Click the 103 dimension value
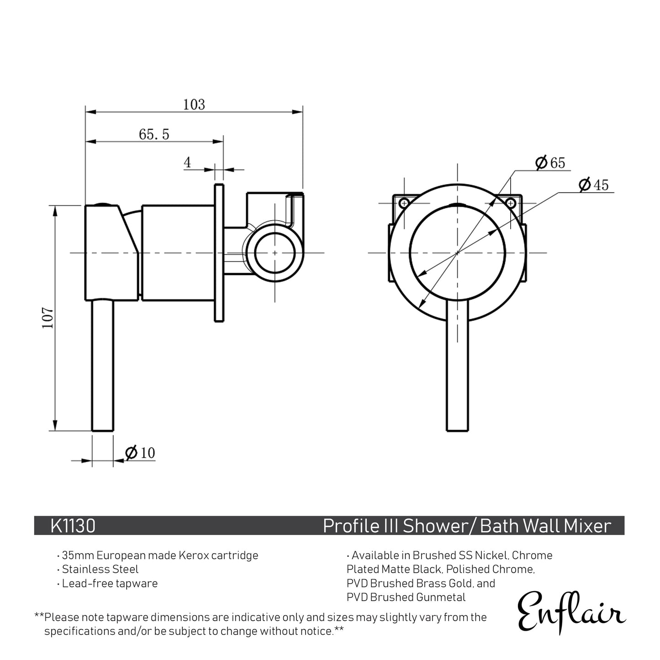click(x=194, y=105)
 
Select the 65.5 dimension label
click(x=154, y=134)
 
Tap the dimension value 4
click(x=187, y=163)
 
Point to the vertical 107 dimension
click(x=48, y=318)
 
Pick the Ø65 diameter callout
click(x=550, y=163)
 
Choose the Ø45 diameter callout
click(x=594, y=185)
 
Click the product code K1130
click(x=73, y=526)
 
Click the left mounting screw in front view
click(x=404, y=203)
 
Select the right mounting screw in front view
click(x=511, y=203)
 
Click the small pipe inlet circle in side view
click(x=275, y=253)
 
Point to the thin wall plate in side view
click(x=219, y=253)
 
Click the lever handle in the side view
click(x=102, y=365)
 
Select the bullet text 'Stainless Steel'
click(x=100, y=569)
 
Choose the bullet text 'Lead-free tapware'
click(x=110, y=583)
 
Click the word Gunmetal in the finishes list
click(x=441, y=597)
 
